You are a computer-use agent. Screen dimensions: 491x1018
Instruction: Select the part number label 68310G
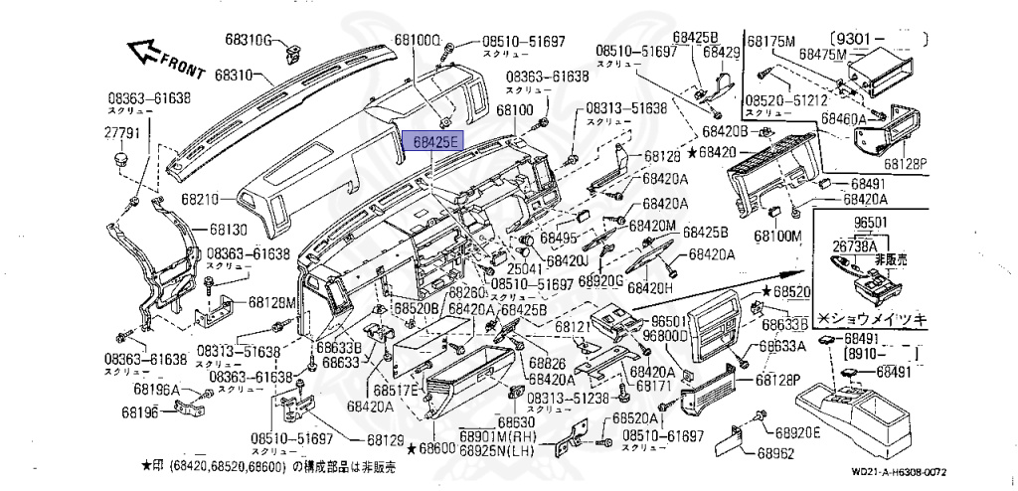pos(248,40)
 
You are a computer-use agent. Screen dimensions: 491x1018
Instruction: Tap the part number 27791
pos(121,130)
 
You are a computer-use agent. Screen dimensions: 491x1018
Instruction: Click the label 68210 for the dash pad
pos(202,199)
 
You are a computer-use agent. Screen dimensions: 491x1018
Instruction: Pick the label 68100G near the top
pos(417,40)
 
